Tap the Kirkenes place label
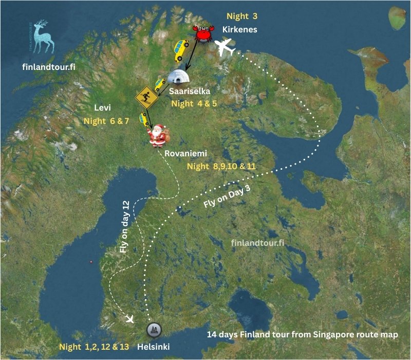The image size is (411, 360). [x=239, y=29]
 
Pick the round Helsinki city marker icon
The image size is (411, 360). [x=153, y=330]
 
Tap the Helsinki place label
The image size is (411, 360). [x=154, y=347]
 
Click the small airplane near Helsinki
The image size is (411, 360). [x=129, y=319]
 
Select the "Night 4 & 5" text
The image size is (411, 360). [x=197, y=103]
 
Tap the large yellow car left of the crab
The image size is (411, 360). [x=181, y=49]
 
